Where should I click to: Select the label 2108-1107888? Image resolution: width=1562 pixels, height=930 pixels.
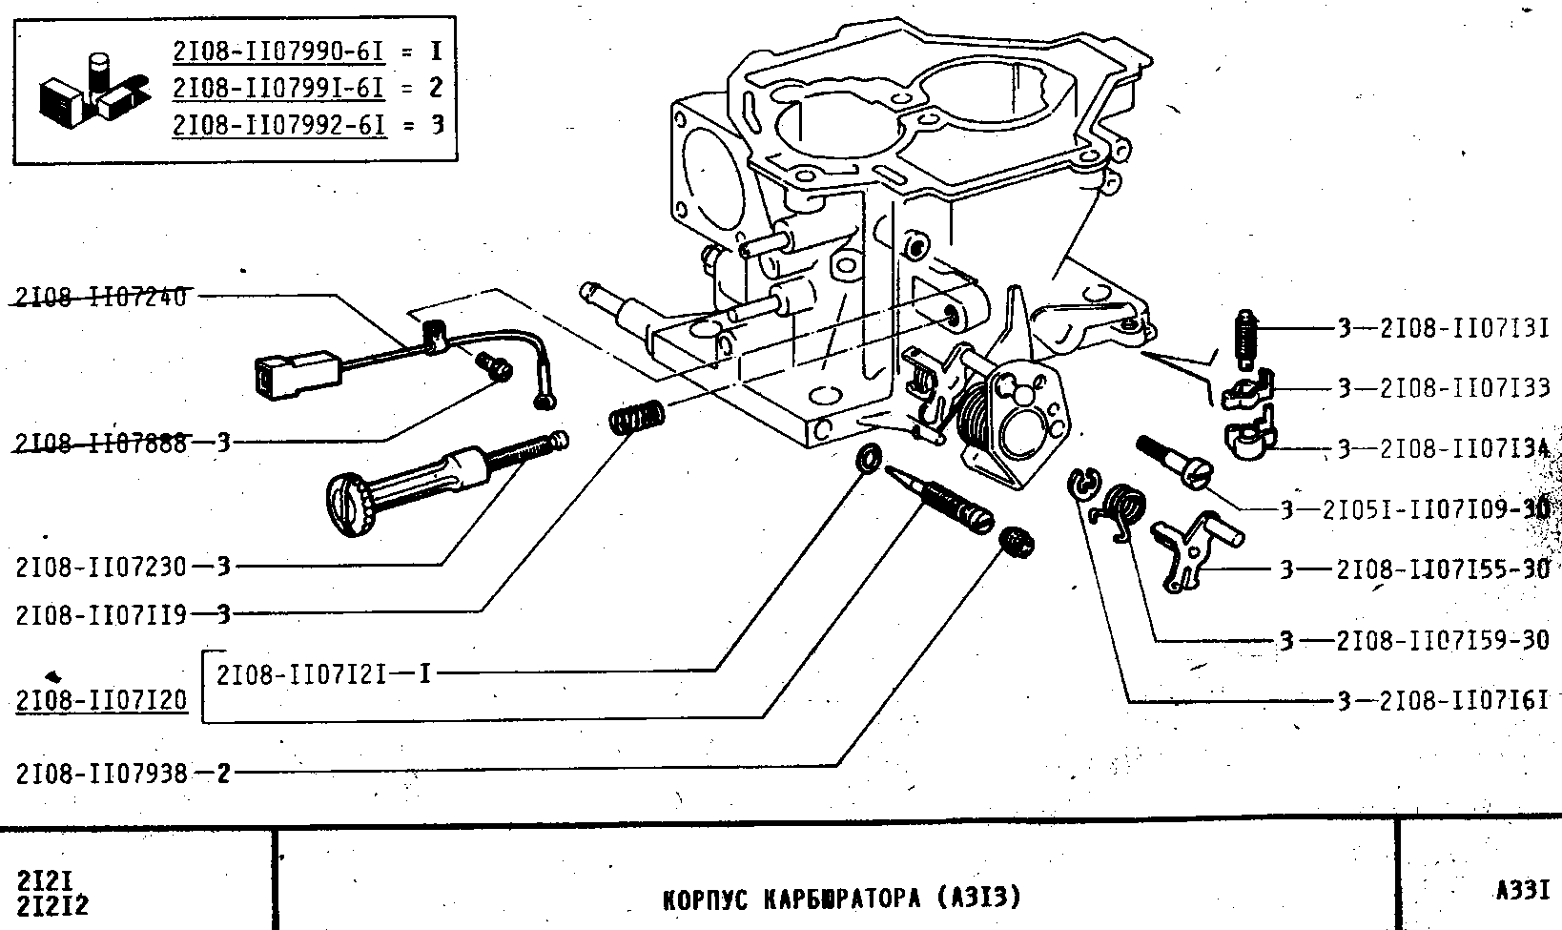coord(101,443)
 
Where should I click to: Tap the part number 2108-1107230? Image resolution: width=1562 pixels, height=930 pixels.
coord(101,567)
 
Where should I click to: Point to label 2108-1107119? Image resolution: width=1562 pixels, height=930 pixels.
coord(101,614)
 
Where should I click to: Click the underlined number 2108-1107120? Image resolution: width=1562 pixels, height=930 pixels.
coord(101,702)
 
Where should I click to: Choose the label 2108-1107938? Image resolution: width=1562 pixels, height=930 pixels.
coord(101,773)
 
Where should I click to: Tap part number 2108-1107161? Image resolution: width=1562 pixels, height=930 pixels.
coord(1464,702)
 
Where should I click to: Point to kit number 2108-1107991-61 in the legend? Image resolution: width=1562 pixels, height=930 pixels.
coord(278,88)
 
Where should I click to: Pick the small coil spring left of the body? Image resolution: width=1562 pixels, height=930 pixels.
coord(637,416)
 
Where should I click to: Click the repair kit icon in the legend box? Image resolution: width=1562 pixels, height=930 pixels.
coord(92,88)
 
